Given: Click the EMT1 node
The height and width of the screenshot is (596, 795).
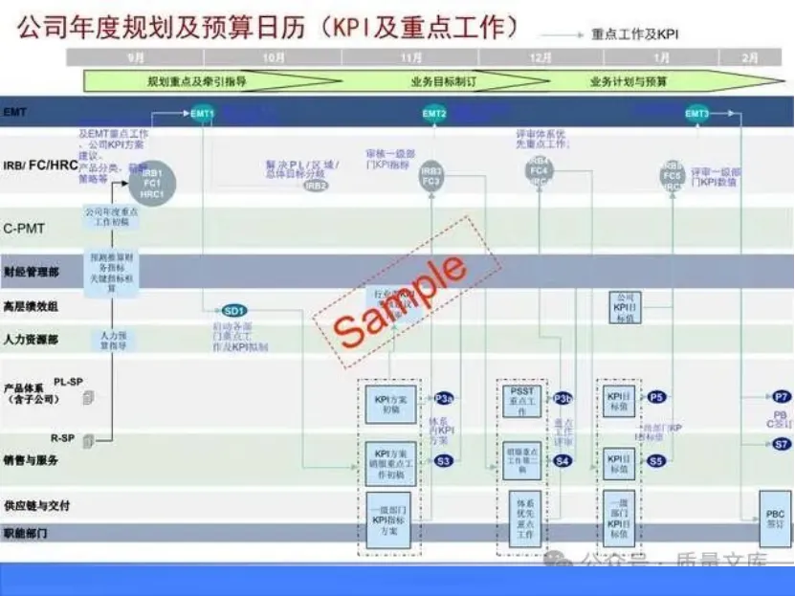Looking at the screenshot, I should click(202, 114).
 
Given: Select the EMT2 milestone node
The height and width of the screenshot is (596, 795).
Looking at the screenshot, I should click(434, 114).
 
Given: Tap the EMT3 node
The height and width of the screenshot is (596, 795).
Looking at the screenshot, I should click(696, 114).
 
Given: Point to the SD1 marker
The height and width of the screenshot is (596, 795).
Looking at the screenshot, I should click(234, 310).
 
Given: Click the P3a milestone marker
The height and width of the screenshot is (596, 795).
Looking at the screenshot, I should click(444, 397).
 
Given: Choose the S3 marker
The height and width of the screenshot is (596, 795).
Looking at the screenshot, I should click(444, 461).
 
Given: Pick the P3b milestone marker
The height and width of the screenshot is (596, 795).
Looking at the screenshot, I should click(563, 397).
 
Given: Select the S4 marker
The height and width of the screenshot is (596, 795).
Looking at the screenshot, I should click(563, 461).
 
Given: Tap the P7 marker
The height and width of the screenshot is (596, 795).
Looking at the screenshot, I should click(782, 396).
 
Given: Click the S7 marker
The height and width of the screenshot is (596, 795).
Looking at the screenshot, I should click(782, 444).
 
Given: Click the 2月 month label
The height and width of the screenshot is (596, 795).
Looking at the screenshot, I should click(749, 57).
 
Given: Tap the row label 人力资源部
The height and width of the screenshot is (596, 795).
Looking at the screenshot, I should click(31, 340).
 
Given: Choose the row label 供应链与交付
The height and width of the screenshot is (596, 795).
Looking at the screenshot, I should click(36, 504).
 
